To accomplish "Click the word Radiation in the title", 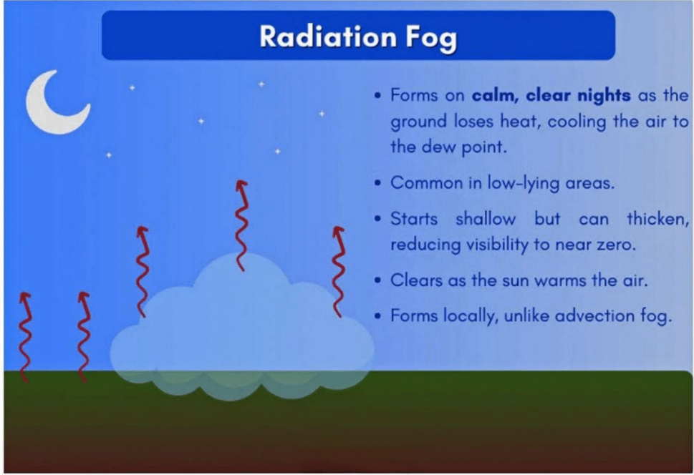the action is (328, 36).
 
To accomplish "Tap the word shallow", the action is (486, 219).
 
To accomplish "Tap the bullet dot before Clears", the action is (377, 280).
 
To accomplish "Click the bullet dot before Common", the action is (377, 182).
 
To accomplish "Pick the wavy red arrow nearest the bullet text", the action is (337, 272).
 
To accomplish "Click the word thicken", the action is (657, 219).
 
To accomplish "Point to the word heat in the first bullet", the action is (520, 121).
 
